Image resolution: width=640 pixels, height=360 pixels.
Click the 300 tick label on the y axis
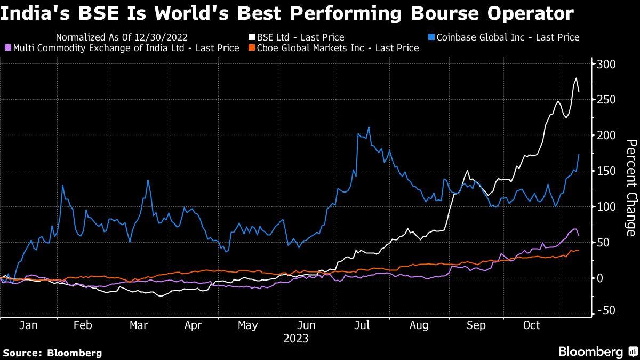tap(607, 64)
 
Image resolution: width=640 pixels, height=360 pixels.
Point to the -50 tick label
tap(606, 311)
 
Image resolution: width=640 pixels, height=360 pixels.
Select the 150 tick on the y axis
tap(607, 171)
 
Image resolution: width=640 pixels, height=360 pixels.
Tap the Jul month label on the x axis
tap(363, 325)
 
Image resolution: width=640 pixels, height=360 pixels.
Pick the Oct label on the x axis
tap(532, 325)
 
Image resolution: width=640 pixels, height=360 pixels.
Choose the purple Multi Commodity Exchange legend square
tap(7, 48)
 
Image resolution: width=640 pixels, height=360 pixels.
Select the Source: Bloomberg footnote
tap(52, 353)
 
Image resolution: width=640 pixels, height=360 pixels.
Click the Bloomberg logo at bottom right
tap(591, 352)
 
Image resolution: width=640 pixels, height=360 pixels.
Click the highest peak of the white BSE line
tap(576, 78)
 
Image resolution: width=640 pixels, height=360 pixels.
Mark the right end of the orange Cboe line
tap(579, 250)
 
